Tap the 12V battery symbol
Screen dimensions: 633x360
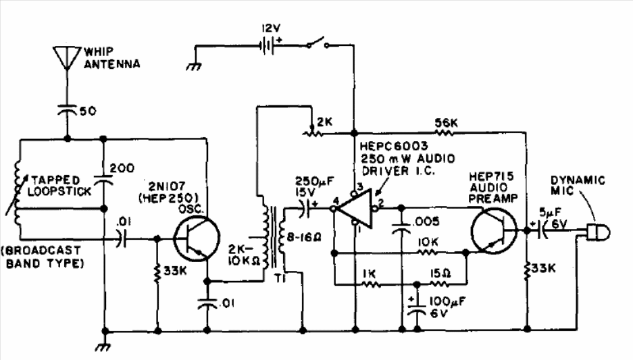click(x=266, y=45)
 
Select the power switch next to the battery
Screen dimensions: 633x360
click(x=318, y=43)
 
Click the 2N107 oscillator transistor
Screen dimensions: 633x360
click(x=196, y=238)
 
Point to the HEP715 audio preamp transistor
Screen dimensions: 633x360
click(x=494, y=231)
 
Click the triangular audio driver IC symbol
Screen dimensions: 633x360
click(x=355, y=209)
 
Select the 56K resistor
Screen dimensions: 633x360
click(x=445, y=132)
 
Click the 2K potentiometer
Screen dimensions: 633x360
click(x=312, y=132)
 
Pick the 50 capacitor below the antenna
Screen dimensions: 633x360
click(x=67, y=110)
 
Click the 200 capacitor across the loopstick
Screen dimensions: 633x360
click(x=103, y=179)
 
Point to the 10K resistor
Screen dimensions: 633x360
click(x=428, y=253)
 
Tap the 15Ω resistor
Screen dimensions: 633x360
click(x=440, y=284)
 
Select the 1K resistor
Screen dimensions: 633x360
click(x=370, y=284)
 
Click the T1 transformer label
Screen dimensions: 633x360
click(x=280, y=278)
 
